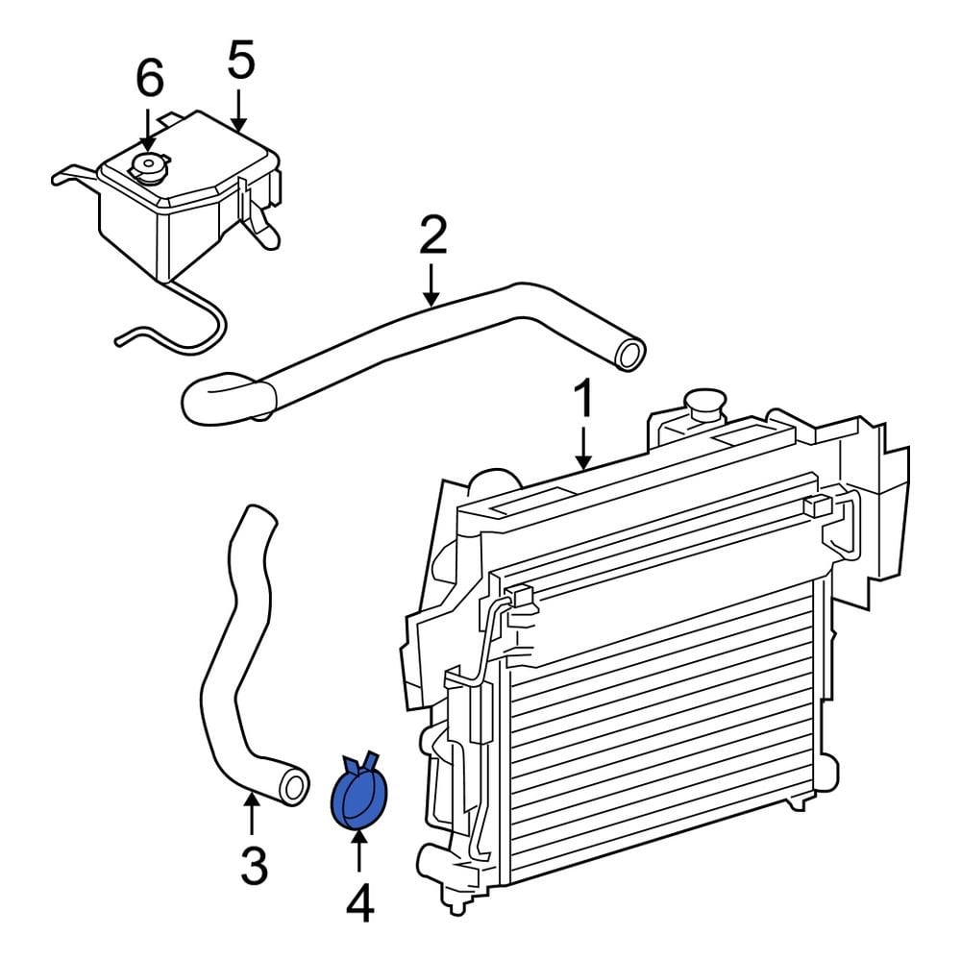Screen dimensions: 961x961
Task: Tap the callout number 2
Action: pyautogui.click(x=432, y=234)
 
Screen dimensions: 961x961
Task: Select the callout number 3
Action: pyautogui.click(x=254, y=866)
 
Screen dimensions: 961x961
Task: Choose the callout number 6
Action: pyautogui.click(x=149, y=78)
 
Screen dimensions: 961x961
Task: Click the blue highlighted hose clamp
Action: pyautogui.click(x=358, y=792)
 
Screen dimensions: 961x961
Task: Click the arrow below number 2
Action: pyautogui.click(x=432, y=285)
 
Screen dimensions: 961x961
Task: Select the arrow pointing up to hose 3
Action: pyautogui.click(x=251, y=813)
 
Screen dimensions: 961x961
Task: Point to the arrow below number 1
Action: pyautogui.click(x=583, y=448)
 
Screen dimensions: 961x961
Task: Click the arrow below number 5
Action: pyautogui.click(x=239, y=111)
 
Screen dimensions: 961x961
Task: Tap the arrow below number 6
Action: pyautogui.click(x=148, y=130)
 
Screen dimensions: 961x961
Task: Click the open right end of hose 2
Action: pyautogui.click(x=630, y=355)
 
